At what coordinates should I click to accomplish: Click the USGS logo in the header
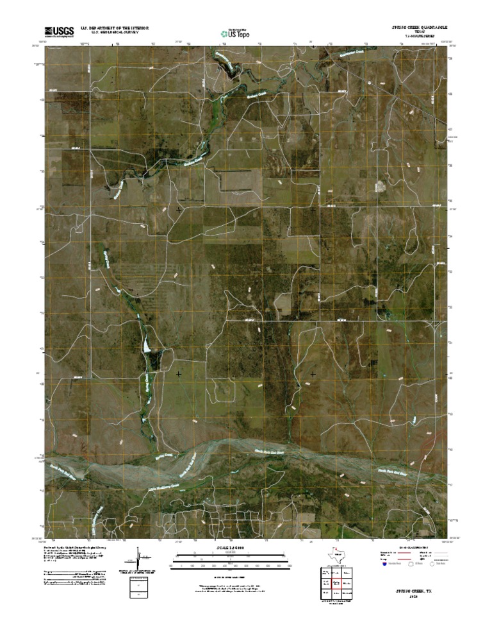pyautogui.click(x=59, y=30)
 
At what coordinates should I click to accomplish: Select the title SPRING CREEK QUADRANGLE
pyautogui.click(x=419, y=28)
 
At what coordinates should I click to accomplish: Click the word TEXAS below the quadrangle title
pyautogui.click(x=419, y=33)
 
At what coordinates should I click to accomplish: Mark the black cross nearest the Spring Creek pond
pyautogui.click(x=179, y=373)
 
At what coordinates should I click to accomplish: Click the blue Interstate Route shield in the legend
pyautogui.click(x=384, y=565)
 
